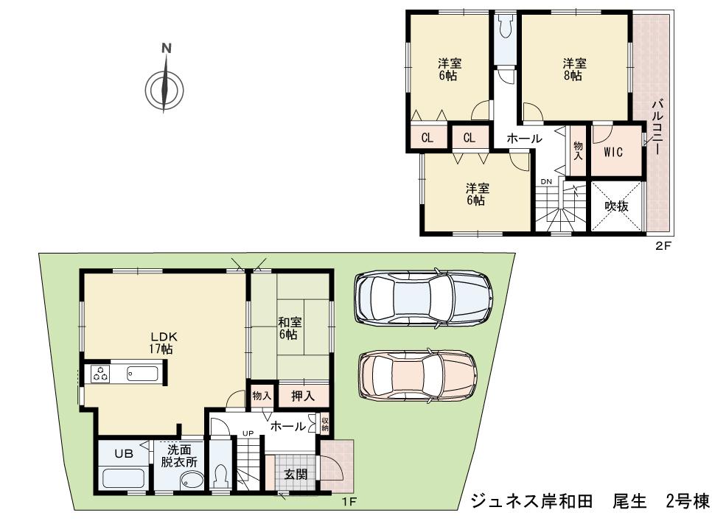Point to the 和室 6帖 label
(287, 328)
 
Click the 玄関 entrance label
(296, 475)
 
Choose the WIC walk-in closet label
(613, 153)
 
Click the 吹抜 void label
(616, 206)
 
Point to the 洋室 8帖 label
(574, 69)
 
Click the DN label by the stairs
(546, 181)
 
